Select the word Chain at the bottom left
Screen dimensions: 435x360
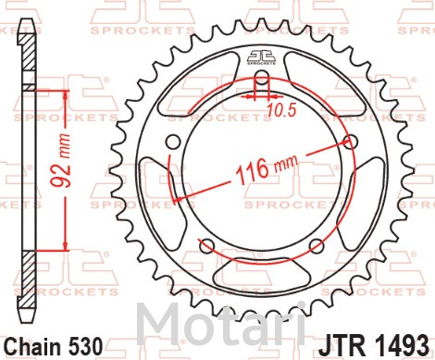tap(33, 346)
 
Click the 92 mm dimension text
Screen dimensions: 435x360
tap(60, 160)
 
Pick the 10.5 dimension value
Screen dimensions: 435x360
tap(280, 110)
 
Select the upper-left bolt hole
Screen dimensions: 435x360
tap(173, 143)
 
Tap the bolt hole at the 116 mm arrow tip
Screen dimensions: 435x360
tap(351, 143)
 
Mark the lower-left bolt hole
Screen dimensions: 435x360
tap(207, 246)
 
